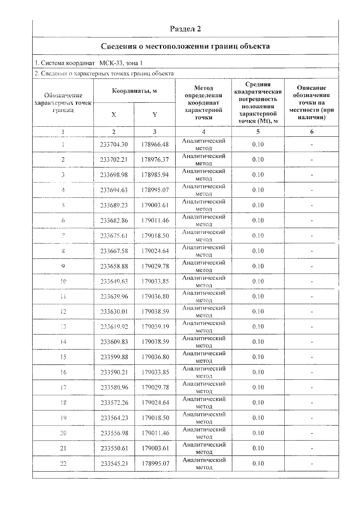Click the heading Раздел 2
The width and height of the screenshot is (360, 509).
pos(185,29)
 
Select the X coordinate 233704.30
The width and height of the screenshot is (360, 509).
pos(114,145)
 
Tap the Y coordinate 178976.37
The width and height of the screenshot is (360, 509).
pos(155,160)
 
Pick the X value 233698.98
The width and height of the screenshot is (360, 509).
pos(114,175)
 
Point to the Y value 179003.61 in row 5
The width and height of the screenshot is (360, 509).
pos(155,205)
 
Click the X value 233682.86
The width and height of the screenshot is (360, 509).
pos(114,220)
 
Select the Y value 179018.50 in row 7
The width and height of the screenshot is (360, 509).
pos(155,236)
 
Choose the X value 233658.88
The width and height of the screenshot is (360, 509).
pos(114,266)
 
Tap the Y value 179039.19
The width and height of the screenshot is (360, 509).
pos(155,327)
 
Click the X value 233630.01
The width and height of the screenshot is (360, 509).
pos(114,312)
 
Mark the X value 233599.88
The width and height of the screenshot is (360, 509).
pos(114,357)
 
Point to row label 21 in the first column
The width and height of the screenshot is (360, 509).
pos(63,448)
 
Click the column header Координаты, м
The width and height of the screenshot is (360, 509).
pos(134,91)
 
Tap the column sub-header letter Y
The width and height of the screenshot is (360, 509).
pos(154,115)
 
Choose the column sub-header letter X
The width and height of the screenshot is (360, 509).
pos(114,115)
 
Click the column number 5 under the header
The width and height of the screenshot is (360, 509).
pos(258,132)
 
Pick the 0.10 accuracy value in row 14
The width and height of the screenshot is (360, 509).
pos(258,342)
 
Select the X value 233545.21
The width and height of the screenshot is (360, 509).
pos(114,464)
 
